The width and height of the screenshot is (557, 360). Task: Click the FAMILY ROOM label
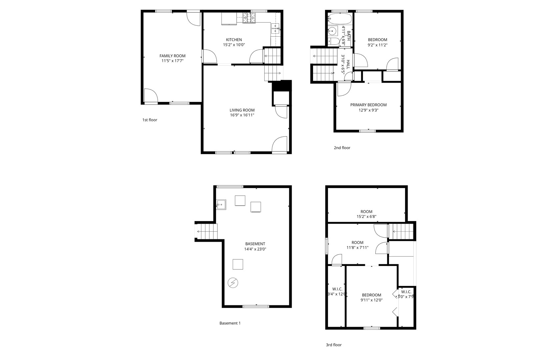(172, 56)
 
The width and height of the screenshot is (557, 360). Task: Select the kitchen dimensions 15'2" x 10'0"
(234, 45)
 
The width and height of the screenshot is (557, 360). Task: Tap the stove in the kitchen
(249, 18)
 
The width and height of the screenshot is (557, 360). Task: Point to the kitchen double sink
(275, 29)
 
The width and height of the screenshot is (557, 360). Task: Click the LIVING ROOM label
(242, 110)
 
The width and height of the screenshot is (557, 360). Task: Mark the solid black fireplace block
(282, 86)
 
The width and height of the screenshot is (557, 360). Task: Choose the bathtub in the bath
(339, 18)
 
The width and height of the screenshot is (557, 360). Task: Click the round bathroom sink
(332, 31)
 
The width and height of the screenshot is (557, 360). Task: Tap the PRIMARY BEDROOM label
(368, 105)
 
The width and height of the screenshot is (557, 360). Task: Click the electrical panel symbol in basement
(233, 283)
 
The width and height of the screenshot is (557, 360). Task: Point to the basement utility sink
(221, 204)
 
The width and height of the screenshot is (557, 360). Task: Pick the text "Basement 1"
(230, 323)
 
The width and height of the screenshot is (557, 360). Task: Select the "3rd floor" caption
(334, 345)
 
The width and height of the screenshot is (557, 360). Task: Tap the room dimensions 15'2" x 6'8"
(366, 217)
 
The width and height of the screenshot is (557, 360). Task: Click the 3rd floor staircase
(403, 231)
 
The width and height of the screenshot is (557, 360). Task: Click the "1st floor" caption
(150, 120)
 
